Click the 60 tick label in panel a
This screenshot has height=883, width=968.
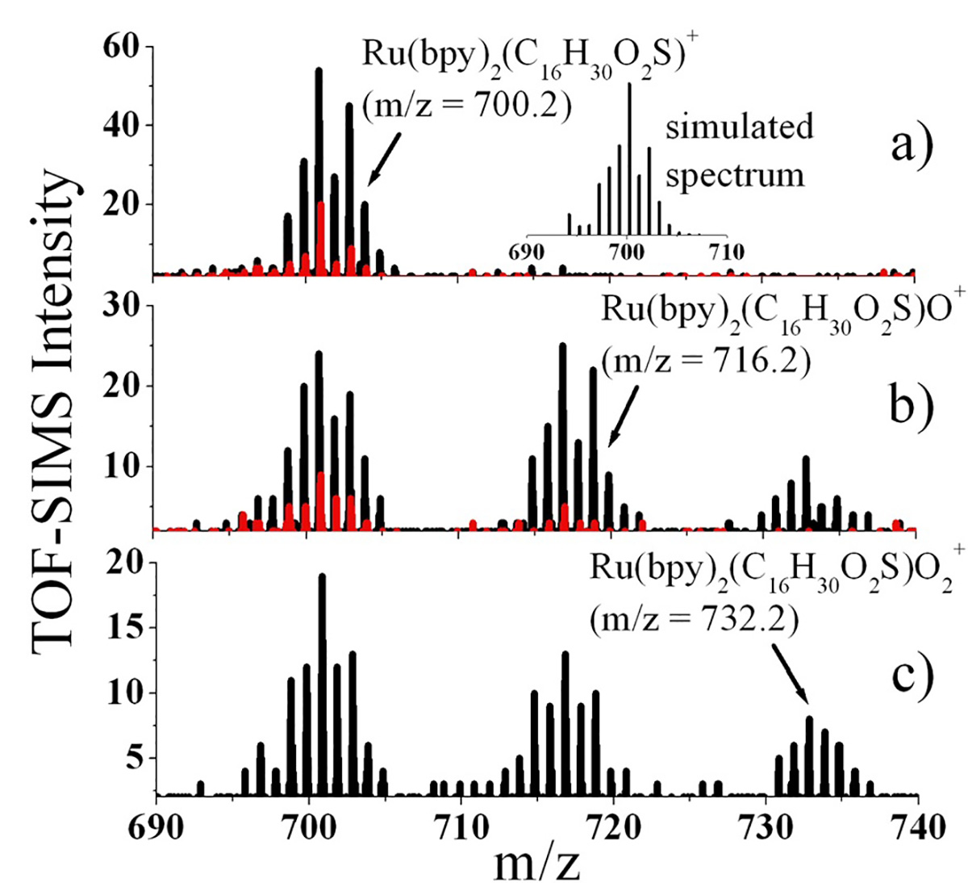(120, 48)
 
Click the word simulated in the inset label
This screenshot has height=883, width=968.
(739, 128)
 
